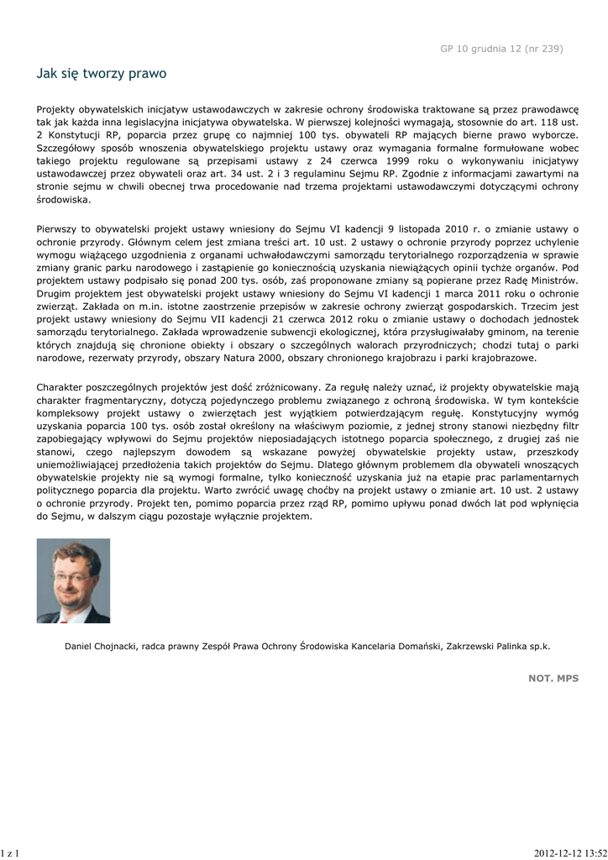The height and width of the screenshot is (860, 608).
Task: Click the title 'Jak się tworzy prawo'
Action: coord(102,74)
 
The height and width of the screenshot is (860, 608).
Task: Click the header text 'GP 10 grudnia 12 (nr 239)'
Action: coord(501,48)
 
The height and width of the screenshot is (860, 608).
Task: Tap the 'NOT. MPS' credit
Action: coord(553,677)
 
